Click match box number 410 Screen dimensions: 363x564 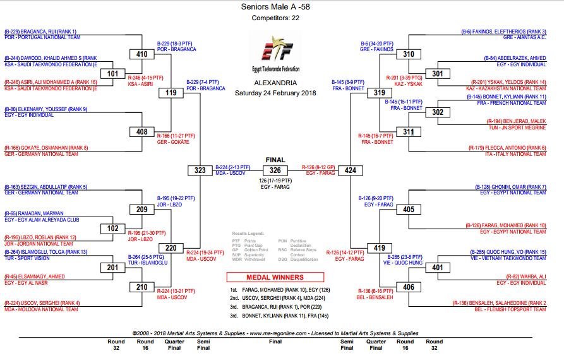(141, 54)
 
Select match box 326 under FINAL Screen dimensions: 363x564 (275, 170)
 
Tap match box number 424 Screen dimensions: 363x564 (351, 170)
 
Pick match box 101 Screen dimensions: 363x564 (112, 74)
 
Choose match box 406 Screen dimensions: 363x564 (409, 287)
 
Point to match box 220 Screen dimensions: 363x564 (171, 248)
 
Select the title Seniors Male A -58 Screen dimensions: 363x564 (275, 7)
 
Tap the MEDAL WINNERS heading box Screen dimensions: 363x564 (275, 277)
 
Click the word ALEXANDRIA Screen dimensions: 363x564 (275, 83)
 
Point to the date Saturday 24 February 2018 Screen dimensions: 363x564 (275, 93)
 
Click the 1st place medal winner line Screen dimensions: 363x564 (278, 289)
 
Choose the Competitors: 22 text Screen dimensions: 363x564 (275, 18)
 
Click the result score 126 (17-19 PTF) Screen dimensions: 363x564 (275, 181)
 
